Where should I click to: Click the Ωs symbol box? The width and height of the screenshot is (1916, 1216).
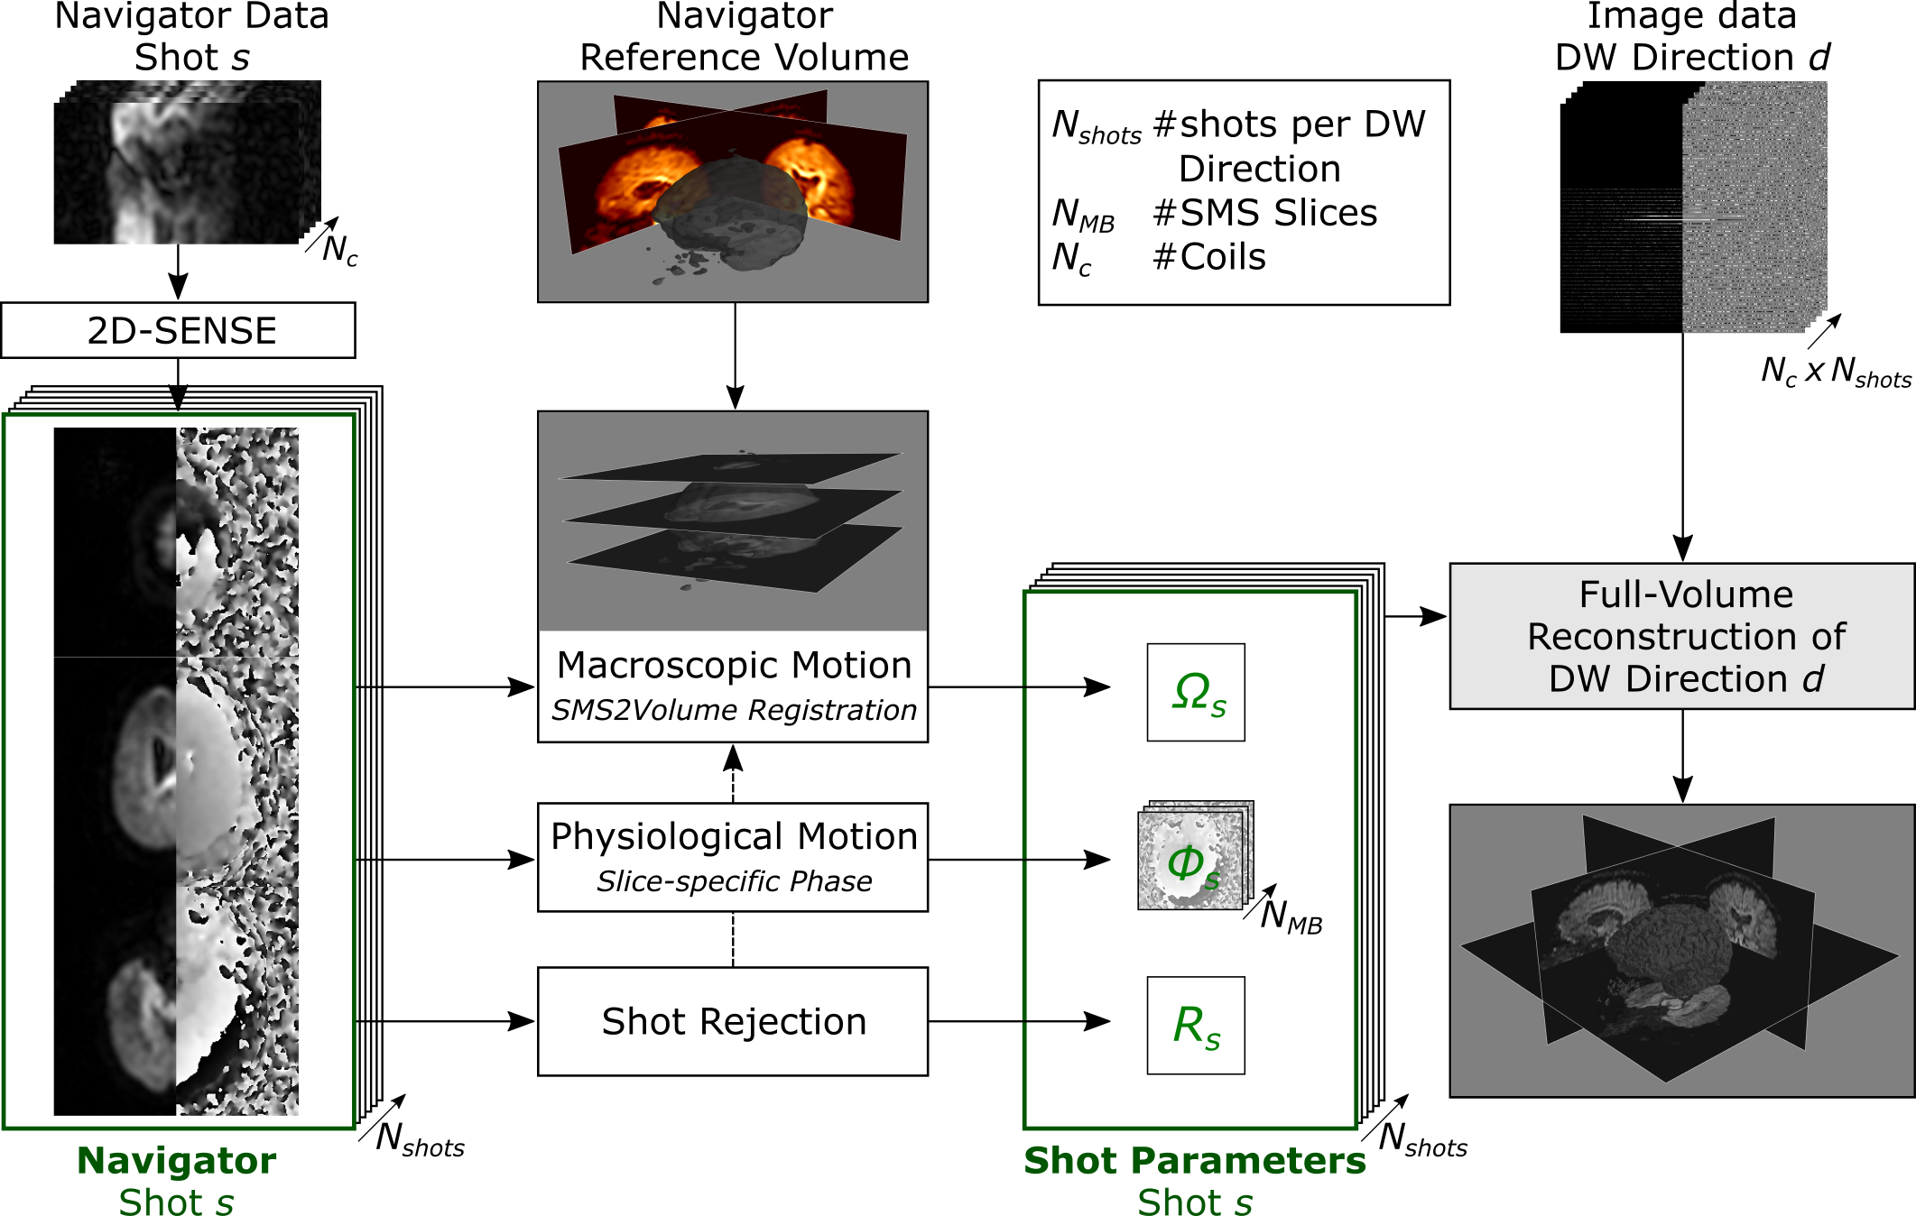coord(1196,693)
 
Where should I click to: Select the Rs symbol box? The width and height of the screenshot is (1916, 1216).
coord(1196,1026)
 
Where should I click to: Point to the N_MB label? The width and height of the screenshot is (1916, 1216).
coord(1291,917)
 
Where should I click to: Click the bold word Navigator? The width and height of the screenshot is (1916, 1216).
coord(177,1161)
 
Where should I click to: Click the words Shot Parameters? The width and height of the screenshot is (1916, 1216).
coord(1195,1161)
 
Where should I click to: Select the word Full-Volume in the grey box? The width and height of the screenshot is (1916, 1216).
coord(1686,595)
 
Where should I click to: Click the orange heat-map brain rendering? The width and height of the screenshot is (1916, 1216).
coord(732,191)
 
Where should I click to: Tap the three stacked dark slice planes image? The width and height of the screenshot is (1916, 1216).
coord(732,521)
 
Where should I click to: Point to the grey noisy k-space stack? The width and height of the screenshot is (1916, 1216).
coord(1754,207)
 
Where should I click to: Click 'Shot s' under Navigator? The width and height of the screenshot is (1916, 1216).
coord(177,1202)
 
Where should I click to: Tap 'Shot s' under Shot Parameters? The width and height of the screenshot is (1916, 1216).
coord(1195,1202)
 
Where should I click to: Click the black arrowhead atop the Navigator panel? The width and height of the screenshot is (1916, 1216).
coord(179,398)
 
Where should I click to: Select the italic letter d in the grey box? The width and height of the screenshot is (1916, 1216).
coord(1814,679)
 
